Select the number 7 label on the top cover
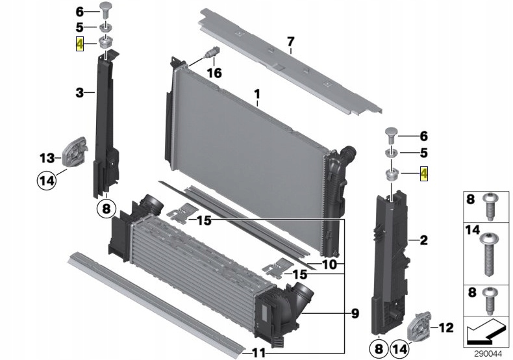[290, 42]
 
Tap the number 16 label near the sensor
[214, 73]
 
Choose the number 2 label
[423, 241]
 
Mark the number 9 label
[355, 314]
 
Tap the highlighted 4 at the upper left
[80, 44]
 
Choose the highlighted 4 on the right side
[424, 174]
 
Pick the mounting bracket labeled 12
[417, 326]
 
